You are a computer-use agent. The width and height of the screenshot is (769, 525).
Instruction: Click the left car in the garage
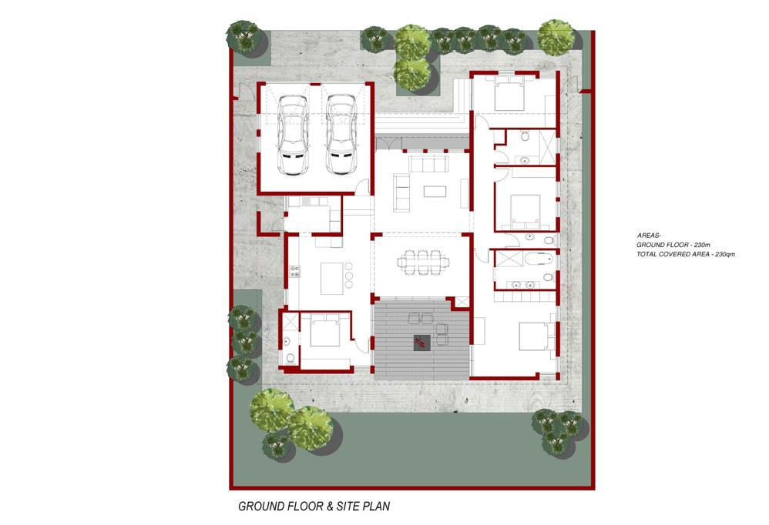292,135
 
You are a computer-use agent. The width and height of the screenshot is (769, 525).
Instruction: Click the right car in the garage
341,135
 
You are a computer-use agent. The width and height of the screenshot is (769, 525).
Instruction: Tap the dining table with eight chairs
423,262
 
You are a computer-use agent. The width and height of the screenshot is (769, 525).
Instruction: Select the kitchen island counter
331,279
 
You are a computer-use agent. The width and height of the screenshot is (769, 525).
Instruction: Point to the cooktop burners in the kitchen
295,271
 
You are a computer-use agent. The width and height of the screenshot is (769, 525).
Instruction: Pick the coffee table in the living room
435,190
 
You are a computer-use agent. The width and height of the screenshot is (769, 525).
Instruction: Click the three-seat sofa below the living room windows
428,164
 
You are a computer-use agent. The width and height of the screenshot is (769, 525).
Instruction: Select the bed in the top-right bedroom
509,97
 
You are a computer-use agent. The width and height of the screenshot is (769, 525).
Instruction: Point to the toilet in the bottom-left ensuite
290,359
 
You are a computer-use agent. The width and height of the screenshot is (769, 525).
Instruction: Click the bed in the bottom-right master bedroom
534,336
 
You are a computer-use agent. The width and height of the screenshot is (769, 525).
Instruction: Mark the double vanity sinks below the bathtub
522,285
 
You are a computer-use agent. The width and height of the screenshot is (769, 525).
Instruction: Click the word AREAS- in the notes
649,235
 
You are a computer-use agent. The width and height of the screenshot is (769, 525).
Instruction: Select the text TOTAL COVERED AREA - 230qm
686,254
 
